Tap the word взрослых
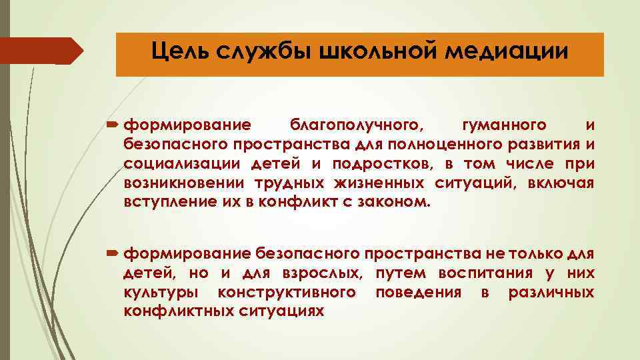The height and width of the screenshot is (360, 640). [326, 273]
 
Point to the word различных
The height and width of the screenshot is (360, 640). [551, 292]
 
